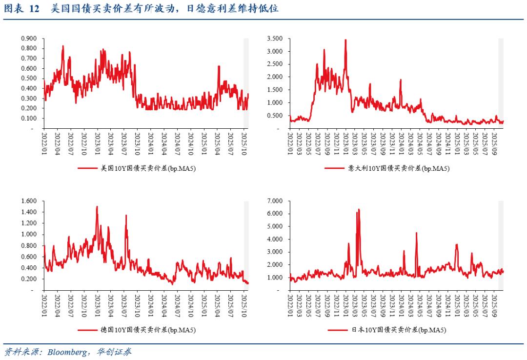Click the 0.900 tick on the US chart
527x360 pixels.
29,38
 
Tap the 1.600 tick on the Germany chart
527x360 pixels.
29,201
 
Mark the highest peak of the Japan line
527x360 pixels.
359,209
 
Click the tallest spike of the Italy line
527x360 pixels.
345,40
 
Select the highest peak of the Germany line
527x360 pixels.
97,206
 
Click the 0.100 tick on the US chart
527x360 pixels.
29,118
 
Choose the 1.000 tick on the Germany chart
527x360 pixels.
29,234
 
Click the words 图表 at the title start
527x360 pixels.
14,9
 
